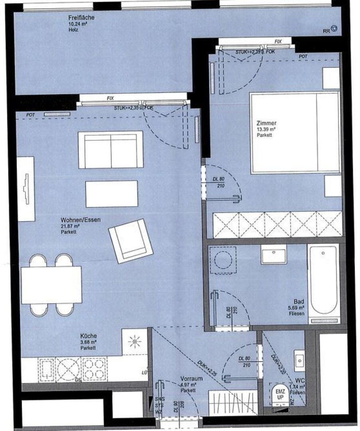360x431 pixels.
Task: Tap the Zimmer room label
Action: coord(267,124)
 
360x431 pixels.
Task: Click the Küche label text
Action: coord(88,336)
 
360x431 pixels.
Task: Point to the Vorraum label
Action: coord(192,379)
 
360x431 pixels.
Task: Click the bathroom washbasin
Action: coord(273,254)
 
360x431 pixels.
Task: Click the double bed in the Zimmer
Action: coord(294,133)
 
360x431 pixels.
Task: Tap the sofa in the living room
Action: coord(111,150)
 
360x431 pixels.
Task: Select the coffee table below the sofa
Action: coord(112,194)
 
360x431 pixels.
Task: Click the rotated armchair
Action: coord(131,241)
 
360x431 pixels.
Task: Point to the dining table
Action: coord(51,285)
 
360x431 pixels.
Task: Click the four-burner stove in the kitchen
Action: coord(94,369)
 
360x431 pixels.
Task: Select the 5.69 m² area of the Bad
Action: coord(296,308)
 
